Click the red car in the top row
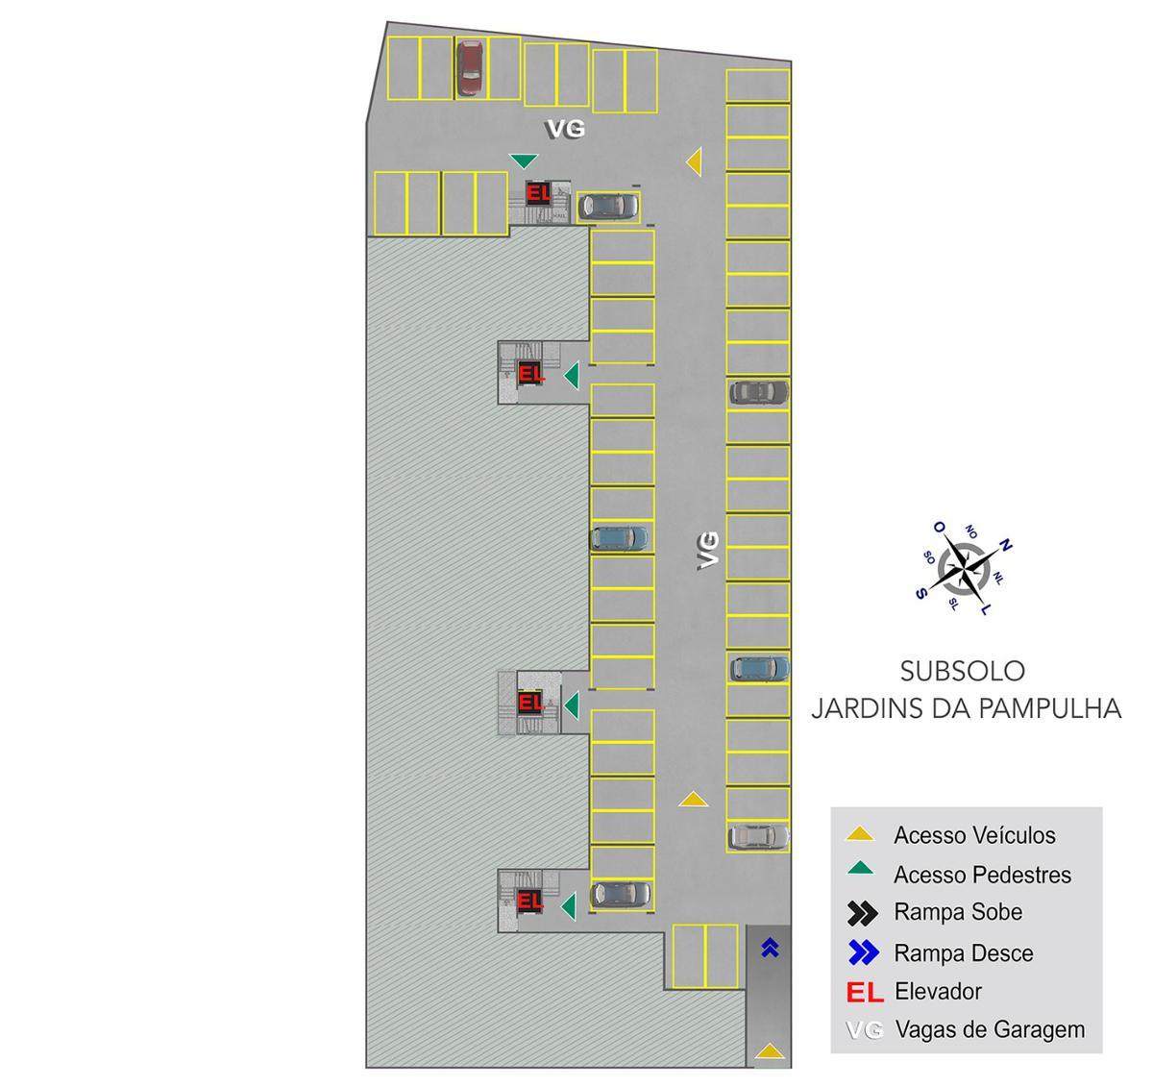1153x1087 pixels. point(469,67)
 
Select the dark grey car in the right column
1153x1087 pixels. point(758,392)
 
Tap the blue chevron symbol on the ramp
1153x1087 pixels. point(769,949)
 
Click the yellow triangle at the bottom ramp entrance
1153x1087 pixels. point(769,1052)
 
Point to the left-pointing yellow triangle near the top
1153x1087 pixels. point(694,161)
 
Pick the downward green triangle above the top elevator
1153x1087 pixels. point(524,161)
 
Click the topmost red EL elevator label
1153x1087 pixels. point(538,193)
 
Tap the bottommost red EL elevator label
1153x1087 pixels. point(529,902)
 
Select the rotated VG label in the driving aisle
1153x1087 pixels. point(708,549)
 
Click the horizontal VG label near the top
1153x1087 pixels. point(565,129)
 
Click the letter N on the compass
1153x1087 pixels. point(1006,545)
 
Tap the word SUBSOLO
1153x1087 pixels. point(962,671)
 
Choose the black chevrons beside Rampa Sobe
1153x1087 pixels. point(863,912)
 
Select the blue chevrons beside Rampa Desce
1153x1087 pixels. point(863,953)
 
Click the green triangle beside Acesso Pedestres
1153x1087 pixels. point(861,871)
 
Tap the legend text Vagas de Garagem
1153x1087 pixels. point(990,1029)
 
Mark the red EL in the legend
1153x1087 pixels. point(864,992)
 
